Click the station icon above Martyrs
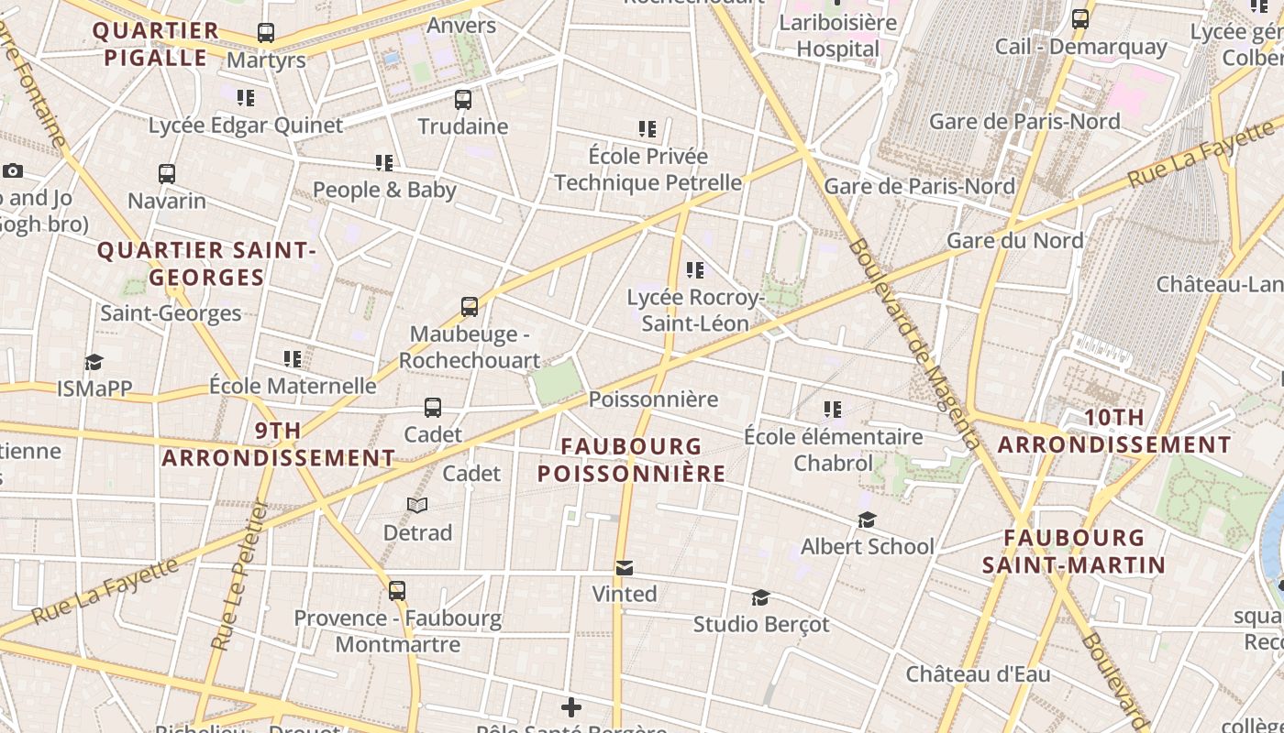(x=266, y=33)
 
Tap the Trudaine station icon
(x=463, y=99)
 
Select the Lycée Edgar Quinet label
(x=246, y=125)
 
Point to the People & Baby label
(x=384, y=190)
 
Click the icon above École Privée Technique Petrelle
(x=648, y=129)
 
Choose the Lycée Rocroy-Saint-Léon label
(x=695, y=311)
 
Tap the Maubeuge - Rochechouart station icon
(x=470, y=307)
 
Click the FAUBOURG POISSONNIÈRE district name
(x=631, y=460)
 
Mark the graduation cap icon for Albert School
(x=867, y=520)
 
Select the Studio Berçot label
(x=761, y=624)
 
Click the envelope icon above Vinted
(x=625, y=568)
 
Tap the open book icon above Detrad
(x=417, y=506)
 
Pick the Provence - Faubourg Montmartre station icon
(x=397, y=591)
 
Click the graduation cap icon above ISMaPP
(x=94, y=362)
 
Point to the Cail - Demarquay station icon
(x=1080, y=18)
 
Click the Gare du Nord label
(x=1014, y=240)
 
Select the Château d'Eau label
(x=978, y=674)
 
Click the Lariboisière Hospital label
(x=837, y=36)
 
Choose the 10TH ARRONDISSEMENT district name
(x=1114, y=431)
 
